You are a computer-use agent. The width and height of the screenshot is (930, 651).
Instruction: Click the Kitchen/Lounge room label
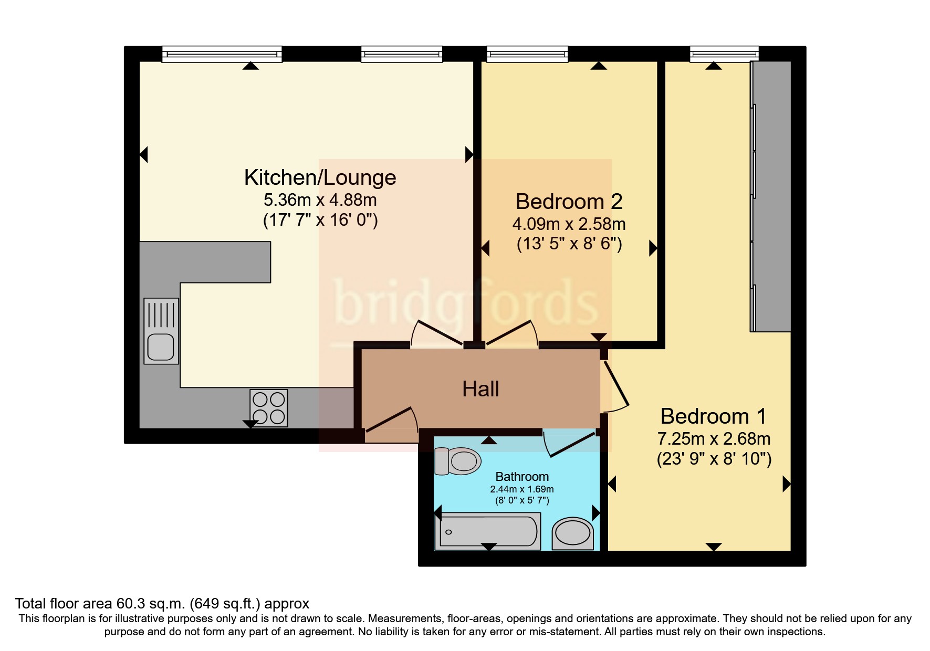point(320,177)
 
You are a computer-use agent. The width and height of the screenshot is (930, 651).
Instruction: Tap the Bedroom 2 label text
point(569,202)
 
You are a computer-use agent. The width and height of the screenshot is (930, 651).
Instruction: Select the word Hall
point(480,389)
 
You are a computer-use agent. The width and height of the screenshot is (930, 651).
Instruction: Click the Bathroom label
point(522,477)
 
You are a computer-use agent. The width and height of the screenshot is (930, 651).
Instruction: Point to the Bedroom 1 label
point(713,416)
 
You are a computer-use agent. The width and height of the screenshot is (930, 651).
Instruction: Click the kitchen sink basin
point(161,346)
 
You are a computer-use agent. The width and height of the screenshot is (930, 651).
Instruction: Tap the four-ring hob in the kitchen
point(269,408)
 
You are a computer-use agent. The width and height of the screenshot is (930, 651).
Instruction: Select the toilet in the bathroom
point(458,461)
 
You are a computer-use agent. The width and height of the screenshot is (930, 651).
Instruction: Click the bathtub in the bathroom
point(488,531)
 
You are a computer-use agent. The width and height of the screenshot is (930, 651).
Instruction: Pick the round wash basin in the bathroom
point(572,533)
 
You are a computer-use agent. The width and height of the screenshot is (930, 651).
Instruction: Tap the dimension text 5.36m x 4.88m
point(320,200)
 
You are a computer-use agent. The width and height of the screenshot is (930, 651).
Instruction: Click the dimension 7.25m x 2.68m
point(713,439)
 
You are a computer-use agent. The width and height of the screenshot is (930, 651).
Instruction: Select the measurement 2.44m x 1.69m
point(522,489)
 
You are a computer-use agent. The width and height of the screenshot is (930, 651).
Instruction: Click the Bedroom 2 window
point(527,54)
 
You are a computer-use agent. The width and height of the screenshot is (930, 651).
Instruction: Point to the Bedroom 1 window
point(724,54)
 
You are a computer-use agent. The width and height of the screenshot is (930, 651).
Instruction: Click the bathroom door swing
point(570,444)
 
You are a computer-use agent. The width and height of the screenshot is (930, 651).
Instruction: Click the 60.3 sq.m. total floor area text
point(162,604)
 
